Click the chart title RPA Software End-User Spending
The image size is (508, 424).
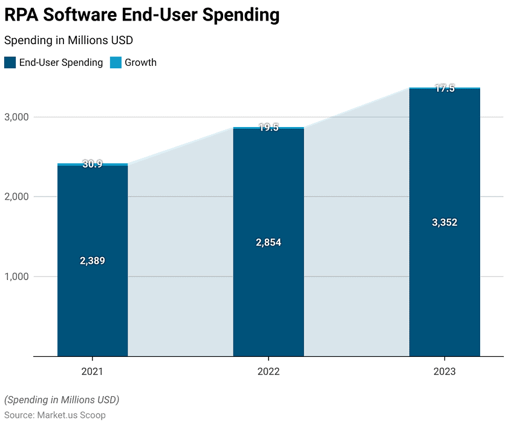click(x=142, y=16)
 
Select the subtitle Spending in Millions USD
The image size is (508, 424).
click(x=68, y=41)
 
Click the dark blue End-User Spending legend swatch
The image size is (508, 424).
click(x=10, y=62)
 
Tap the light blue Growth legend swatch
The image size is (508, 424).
click(x=116, y=62)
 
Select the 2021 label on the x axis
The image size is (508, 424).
click(x=93, y=371)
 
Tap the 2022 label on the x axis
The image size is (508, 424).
click(x=269, y=371)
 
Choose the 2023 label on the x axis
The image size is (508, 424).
click(x=444, y=371)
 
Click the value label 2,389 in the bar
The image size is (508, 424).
click(x=93, y=261)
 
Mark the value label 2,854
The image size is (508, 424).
click(x=269, y=243)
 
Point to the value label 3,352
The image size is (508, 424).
click(x=444, y=223)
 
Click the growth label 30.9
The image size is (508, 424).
click(x=93, y=164)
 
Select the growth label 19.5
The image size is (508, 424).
click(x=269, y=128)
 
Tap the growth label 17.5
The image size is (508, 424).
click(x=444, y=88)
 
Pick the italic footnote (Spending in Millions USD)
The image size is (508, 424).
click(x=62, y=400)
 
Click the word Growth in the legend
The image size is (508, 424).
click(x=140, y=62)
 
